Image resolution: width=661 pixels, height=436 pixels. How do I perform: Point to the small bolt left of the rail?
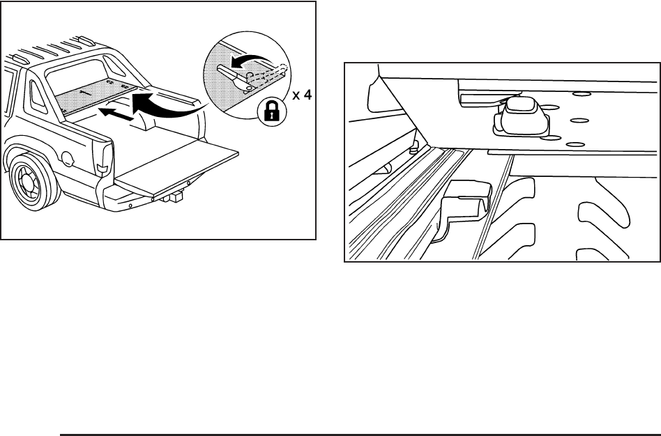click(x=414, y=148)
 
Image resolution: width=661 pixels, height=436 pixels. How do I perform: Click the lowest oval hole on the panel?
click(x=575, y=143)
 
